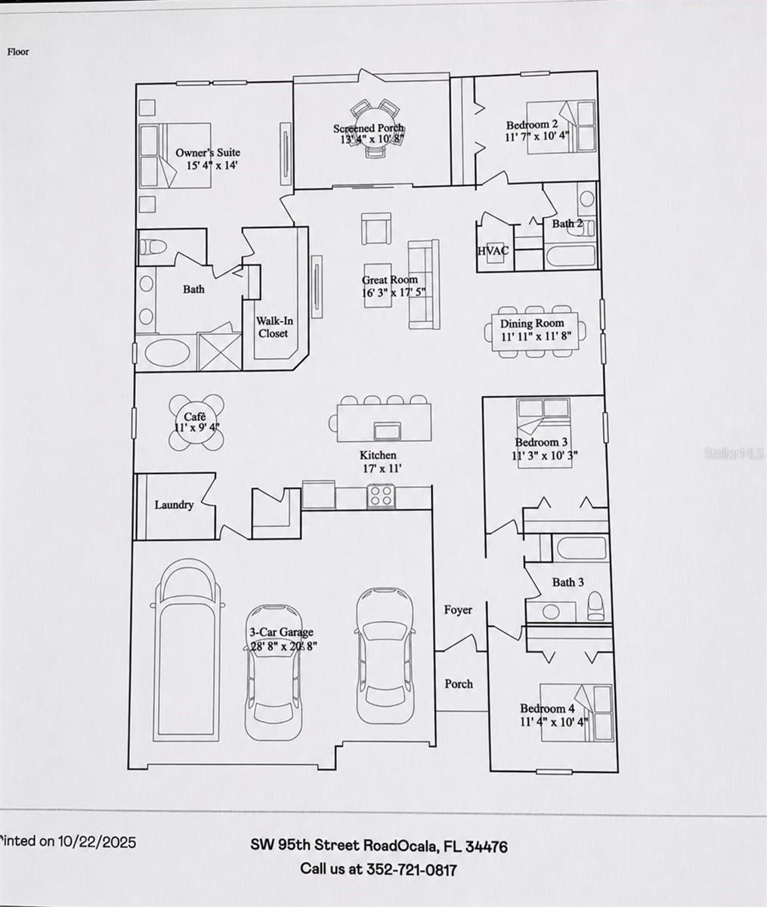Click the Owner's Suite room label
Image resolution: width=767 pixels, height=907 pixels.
coord(208,153)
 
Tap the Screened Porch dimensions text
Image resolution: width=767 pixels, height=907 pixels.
coord(372,140)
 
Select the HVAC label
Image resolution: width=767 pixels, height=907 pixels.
coord(493,250)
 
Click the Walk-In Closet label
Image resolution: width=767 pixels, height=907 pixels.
coord(274,327)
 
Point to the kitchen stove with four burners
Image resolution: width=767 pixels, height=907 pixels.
coord(382,496)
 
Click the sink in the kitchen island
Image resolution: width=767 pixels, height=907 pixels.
coord(387,431)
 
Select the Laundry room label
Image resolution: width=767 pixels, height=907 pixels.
coord(174,505)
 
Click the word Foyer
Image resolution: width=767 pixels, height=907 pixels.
coord(458,609)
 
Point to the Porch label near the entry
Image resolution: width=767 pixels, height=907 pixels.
coord(459,683)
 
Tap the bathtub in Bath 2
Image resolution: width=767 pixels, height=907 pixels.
coord(570,256)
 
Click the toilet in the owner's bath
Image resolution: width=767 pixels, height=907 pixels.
coord(152,247)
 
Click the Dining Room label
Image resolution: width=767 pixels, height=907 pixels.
coord(532,323)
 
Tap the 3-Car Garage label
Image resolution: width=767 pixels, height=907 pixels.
coord(282,632)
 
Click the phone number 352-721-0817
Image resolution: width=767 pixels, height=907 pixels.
coord(411,869)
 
